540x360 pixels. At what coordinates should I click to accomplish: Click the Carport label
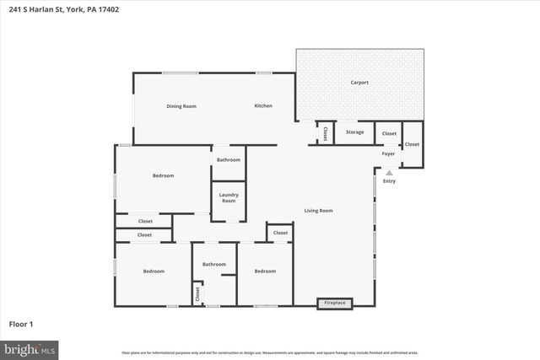359,83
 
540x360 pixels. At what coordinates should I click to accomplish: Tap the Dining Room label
181,106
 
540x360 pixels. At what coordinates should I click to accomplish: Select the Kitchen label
264,106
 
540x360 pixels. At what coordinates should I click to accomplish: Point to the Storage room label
355,132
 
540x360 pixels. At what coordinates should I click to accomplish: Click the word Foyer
388,154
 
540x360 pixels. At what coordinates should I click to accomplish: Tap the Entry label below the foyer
389,181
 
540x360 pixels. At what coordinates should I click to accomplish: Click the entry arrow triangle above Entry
389,173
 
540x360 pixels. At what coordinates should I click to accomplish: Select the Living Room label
319,211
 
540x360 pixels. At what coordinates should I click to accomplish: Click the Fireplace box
336,303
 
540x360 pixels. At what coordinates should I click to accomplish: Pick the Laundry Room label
228,198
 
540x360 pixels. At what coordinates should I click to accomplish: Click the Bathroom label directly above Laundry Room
228,160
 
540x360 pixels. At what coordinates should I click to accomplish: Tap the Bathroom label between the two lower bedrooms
213,265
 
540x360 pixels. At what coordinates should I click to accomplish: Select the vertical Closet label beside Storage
326,133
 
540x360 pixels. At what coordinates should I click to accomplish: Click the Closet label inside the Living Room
280,233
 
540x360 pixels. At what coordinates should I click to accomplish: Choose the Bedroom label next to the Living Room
265,271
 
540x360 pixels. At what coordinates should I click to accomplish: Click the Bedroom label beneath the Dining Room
163,175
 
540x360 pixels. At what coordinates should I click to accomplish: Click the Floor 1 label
20,324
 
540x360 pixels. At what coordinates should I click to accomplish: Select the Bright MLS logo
30,348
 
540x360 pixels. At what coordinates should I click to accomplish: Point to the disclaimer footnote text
269,352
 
